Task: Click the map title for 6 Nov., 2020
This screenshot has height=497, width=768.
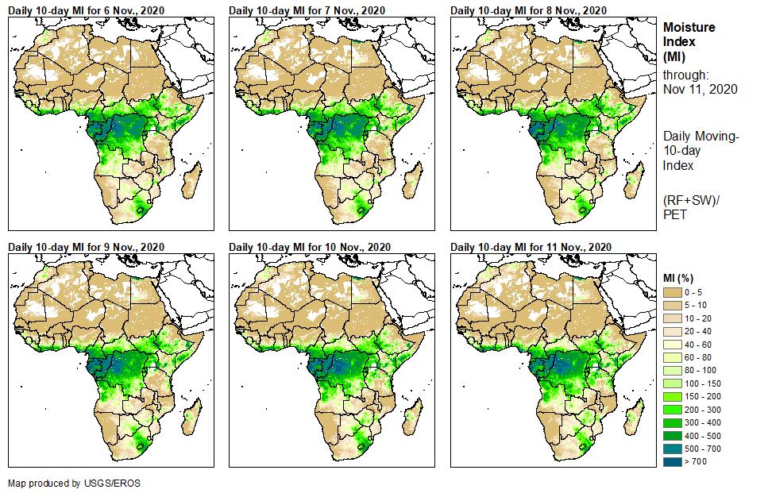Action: click(x=86, y=10)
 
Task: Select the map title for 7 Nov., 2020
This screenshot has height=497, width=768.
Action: click(x=307, y=10)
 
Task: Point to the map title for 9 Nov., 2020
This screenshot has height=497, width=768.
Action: click(x=86, y=247)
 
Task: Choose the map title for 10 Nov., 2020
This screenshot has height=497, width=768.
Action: click(x=310, y=247)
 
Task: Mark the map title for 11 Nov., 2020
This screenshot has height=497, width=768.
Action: click(x=531, y=247)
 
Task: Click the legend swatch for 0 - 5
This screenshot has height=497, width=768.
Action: click(x=672, y=293)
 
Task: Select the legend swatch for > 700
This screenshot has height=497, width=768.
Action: click(x=672, y=460)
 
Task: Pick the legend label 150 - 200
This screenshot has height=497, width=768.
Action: click(x=702, y=396)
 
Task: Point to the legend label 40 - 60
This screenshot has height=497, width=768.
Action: click(x=699, y=345)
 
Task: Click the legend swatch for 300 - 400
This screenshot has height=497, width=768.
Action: click(x=672, y=422)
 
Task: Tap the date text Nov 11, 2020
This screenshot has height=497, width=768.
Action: click(x=700, y=89)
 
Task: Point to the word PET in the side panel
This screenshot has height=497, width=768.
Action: click(x=674, y=215)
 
